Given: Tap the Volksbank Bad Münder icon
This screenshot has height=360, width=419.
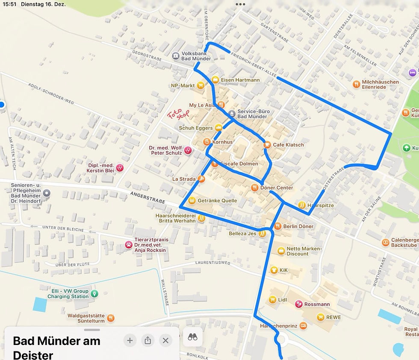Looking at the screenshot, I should [176, 56].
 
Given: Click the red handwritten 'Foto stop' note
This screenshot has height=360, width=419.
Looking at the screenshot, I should [178, 115].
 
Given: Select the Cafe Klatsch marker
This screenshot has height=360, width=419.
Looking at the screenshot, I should [268, 145].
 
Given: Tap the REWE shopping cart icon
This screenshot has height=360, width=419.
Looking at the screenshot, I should [320, 317].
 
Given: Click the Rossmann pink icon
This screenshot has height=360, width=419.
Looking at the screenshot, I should [299, 304].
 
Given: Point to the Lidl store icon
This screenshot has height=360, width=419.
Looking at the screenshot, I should [272, 299].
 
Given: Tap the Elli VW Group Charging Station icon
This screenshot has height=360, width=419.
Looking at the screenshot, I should [94, 293].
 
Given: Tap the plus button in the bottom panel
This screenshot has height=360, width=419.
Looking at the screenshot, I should [130, 340].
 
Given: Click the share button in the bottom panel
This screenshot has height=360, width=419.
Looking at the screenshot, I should [148, 340].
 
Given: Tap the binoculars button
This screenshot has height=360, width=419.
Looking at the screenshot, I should [193, 337].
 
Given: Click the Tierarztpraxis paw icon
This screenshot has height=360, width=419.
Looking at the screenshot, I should [128, 245].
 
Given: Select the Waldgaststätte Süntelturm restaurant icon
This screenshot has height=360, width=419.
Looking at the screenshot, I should [111, 317].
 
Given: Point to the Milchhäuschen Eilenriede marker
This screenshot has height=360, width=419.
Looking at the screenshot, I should [356, 84].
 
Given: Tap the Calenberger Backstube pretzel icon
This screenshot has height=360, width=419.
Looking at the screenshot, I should [386, 242].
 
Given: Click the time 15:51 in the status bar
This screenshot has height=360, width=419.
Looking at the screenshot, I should [8, 4].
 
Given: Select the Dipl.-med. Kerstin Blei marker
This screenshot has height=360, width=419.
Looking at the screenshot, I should [120, 168].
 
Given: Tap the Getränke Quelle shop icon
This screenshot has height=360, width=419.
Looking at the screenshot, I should [192, 200].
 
